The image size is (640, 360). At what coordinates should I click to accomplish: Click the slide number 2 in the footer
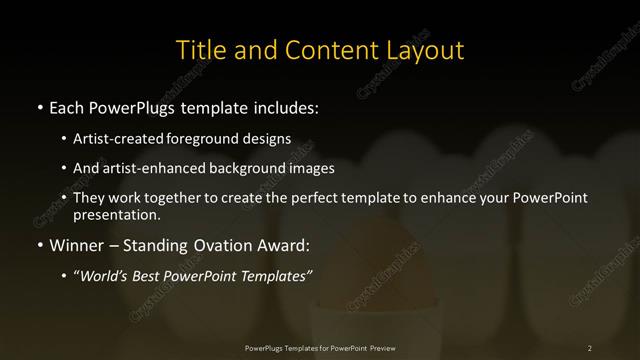[x=590, y=347]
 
